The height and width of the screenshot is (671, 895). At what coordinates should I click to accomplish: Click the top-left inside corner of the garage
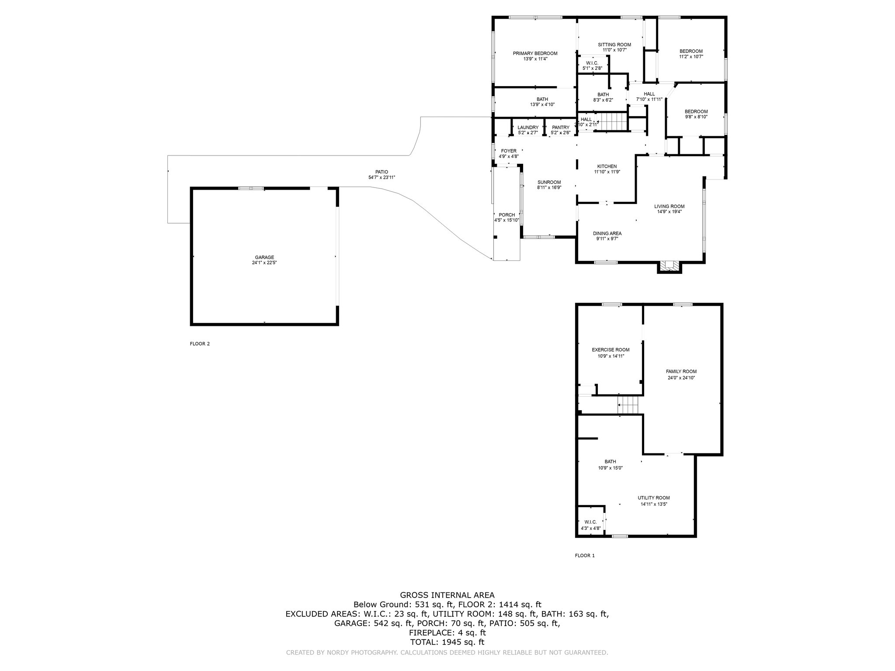(x=193, y=190)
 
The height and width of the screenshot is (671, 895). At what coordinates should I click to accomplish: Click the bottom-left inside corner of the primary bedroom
(x=495, y=86)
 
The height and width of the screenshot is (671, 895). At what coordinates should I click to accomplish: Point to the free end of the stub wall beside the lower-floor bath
(x=597, y=438)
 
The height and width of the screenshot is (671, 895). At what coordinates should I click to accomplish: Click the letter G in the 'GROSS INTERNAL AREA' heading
(x=403, y=595)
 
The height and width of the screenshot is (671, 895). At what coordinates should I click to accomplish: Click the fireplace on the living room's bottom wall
(x=669, y=266)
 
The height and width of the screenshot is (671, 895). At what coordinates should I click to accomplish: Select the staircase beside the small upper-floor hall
(x=611, y=121)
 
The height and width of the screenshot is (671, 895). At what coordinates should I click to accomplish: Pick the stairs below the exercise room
(x=628, y=405)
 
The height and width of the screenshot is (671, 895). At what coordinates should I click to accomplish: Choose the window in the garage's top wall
(x=251, y=188)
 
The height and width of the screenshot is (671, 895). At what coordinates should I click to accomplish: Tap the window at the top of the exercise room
(x=612, y=304)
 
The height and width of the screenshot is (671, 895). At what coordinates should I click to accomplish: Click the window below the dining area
(x=606, y=262)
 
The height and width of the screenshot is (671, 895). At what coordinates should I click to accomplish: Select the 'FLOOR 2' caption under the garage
(x=200, y=344)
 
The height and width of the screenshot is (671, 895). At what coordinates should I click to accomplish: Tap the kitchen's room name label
(x=607, y=166)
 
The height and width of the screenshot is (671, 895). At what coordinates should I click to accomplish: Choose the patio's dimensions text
(x=382, y=177)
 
